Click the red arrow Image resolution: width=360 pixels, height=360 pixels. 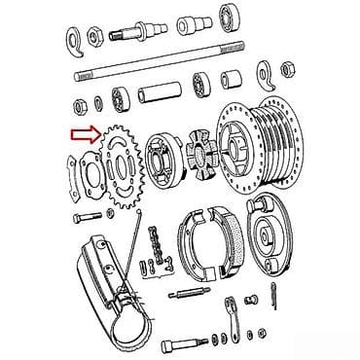point(83,136)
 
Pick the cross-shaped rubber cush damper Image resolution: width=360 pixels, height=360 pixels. point(198,157)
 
